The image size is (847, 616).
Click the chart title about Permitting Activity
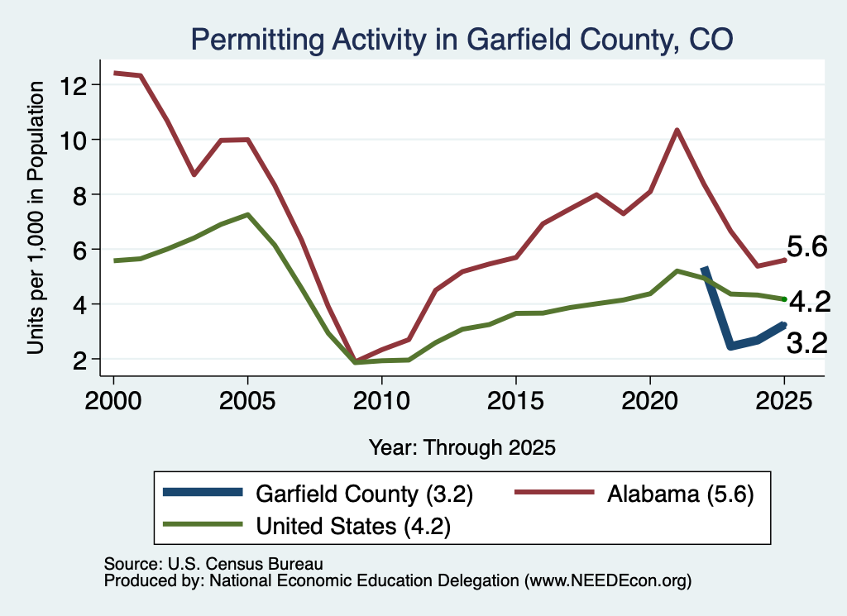[462, 40]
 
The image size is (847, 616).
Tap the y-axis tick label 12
[74, 85]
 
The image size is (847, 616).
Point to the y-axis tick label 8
[80, 195]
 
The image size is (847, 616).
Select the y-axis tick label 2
[80, 360]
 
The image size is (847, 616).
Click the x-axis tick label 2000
[113, 401]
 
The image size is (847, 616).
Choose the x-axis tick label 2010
[382, 401]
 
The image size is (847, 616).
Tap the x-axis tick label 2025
[784, 401]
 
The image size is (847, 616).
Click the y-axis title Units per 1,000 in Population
[36, 217]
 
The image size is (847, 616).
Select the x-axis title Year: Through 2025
[462, 447]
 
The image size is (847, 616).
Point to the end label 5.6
[807, 246]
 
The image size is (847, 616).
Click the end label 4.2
[810, 301]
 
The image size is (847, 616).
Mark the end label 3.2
[807, 343]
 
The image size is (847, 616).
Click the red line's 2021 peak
[677, 130]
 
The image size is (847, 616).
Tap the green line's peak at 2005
[247, 215]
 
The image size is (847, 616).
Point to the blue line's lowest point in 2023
[731, 346]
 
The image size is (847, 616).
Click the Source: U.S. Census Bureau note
[213, 564]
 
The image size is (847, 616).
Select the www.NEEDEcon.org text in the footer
[607, 581]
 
